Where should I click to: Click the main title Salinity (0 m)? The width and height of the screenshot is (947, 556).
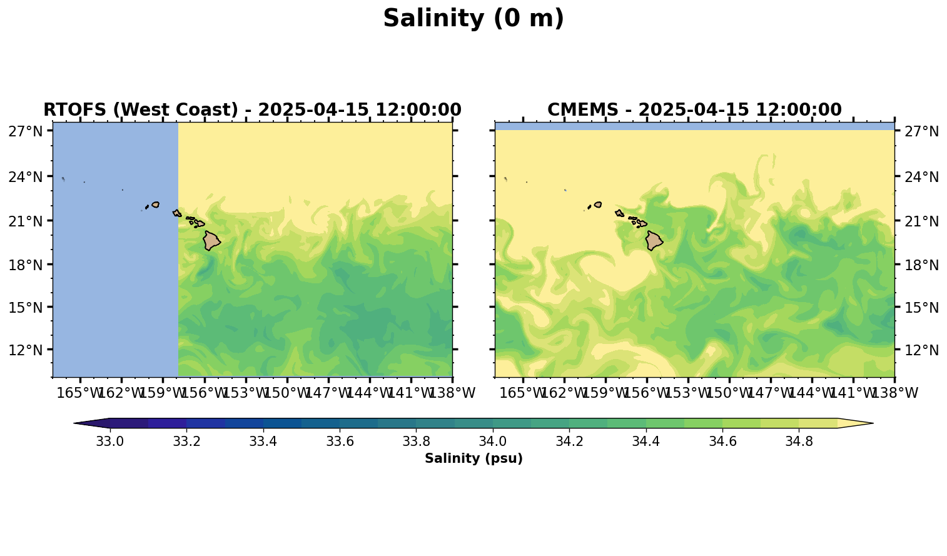pos(473,19)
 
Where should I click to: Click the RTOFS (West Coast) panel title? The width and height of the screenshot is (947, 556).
pos(252,110)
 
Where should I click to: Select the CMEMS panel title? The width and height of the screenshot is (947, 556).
pos(694,110)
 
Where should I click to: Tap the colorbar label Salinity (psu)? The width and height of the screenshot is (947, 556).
pos(473,458)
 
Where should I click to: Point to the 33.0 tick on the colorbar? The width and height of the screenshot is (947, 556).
pos(110,442)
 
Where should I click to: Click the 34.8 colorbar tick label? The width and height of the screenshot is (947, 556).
pos(799,442)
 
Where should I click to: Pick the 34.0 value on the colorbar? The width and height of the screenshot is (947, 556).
pos(493,442)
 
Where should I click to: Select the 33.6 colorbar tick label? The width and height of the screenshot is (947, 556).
pos(340,442)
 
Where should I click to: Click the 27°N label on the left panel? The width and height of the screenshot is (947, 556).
pos(26,131)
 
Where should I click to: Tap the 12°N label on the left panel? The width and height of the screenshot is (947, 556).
pos(26,350)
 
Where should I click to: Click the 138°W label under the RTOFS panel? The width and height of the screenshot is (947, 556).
pos(454,393)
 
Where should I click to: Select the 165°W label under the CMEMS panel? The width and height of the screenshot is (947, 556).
pos(523,393)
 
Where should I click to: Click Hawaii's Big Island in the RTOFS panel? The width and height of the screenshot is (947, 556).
pos(211,241)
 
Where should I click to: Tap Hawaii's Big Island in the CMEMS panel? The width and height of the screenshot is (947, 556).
pos(654,241)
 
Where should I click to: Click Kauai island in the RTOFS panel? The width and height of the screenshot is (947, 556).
pos(155,205)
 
